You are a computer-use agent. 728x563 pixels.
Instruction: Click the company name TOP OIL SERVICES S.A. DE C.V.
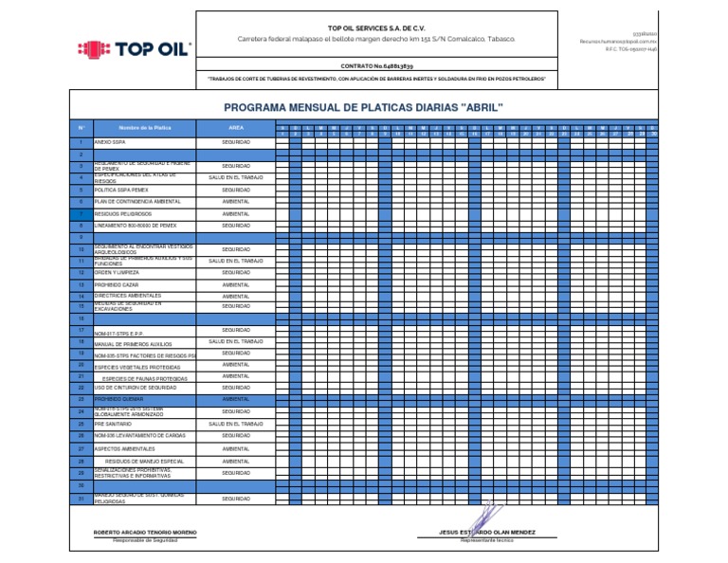point(376,27)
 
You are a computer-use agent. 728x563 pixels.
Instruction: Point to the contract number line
point(376,64)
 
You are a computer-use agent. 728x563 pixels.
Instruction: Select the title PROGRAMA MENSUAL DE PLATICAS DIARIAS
point(363,107)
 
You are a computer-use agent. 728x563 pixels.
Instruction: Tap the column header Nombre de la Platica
point(145,127)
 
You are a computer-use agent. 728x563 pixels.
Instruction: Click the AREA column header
point(236,127)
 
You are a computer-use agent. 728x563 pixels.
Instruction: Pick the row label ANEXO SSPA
point(110,141)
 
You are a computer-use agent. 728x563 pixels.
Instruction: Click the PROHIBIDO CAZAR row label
point(115,284)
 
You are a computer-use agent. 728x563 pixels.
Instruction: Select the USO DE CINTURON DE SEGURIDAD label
point(136,388)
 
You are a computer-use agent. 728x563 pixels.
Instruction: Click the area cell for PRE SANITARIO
point(236,424)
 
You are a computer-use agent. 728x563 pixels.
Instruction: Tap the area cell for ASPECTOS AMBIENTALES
point(236,448)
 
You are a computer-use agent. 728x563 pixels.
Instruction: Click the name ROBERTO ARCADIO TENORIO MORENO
point(145,533)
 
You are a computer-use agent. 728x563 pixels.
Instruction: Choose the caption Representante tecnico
point(486,540)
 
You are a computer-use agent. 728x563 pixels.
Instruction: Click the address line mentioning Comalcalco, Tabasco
point(376,39)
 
